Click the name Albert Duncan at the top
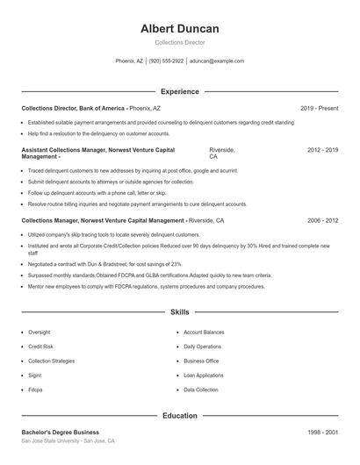click(x=180, y=29)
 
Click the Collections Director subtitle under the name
click(x=180, y=42)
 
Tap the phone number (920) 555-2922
click(x=166, y=61)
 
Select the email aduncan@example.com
click(x=216, y=61)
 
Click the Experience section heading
click(x=180, y=91)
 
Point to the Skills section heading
click(x=180, y=311)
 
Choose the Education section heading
click(x=180, y=415)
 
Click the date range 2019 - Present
click(x=319, y=108)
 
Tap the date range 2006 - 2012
click(x=322, y=221)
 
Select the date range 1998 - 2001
click(x=322, y=433)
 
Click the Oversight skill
click(x=40, y=333)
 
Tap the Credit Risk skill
click(x=40, y=347)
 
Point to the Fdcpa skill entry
click(x=35, y=389)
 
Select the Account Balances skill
click(x=204, y=333)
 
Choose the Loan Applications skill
click(x=204, y=375)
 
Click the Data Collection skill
click(x=201, y=389)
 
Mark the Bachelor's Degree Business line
click(x=61, y=433)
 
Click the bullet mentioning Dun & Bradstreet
click(x=104, y=263)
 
